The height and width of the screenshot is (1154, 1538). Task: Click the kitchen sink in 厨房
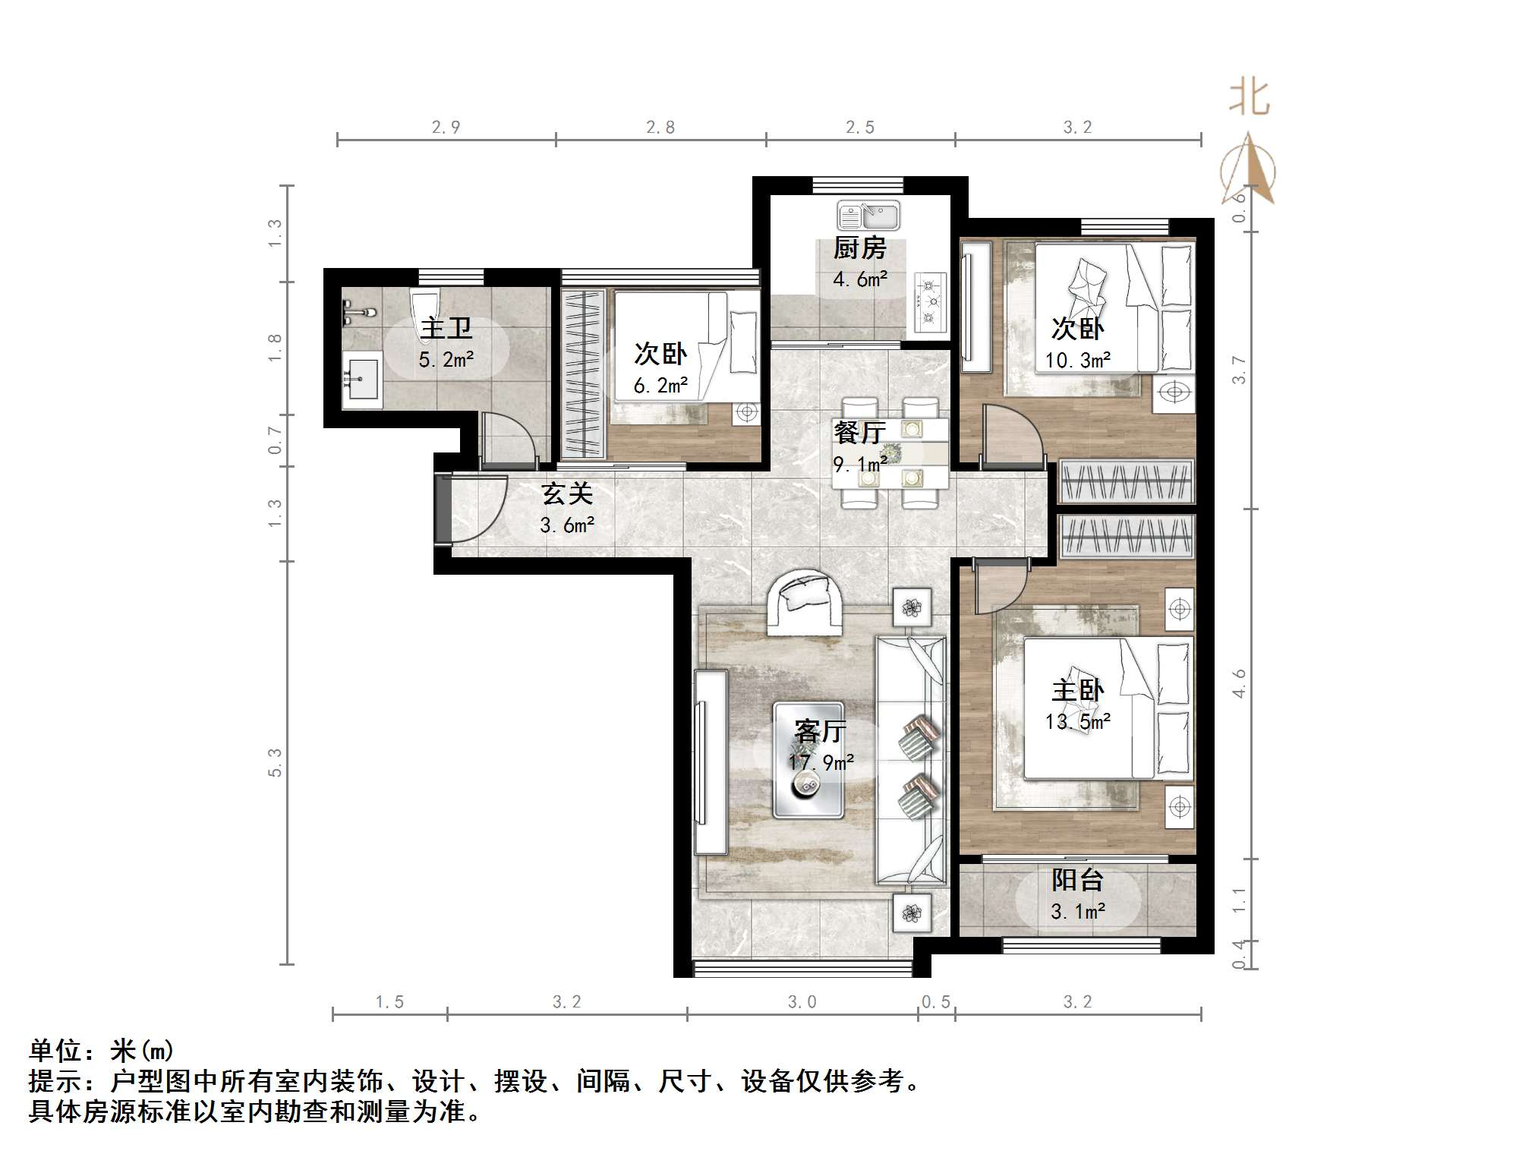click(868, 216)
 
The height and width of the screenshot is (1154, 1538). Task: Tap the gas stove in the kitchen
click(930, 302)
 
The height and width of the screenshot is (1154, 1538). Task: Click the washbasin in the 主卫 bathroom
click(361, 377)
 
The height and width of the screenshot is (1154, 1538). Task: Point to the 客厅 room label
click(820, 731)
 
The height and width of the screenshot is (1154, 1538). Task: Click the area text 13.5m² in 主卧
click(1077, 722)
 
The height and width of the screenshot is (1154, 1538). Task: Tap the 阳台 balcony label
click(1077, 881)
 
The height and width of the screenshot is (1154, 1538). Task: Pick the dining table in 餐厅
click(890, 454)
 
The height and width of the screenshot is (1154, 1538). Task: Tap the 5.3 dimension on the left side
click(275, 762)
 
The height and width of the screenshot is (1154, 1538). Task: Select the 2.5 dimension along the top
click(859, 128)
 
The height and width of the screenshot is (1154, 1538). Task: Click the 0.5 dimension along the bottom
click(935, 1002)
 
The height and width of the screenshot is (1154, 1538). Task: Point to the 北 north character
click(1249, 99)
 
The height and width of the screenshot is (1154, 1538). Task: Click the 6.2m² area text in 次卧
click(660, 386)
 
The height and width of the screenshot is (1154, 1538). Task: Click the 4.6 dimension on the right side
click(1239, 683)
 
